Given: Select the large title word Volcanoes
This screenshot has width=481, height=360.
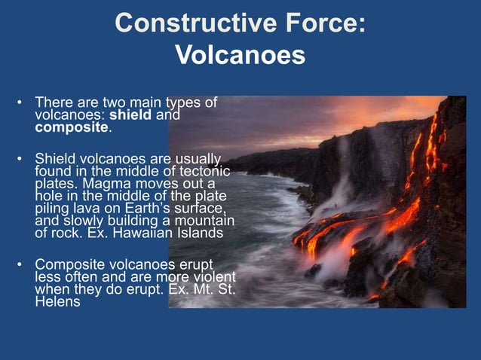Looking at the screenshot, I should pos(240,55).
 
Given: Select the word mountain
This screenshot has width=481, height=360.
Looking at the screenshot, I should pos(204,221).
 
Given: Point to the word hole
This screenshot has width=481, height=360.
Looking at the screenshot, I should pos(50,196).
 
